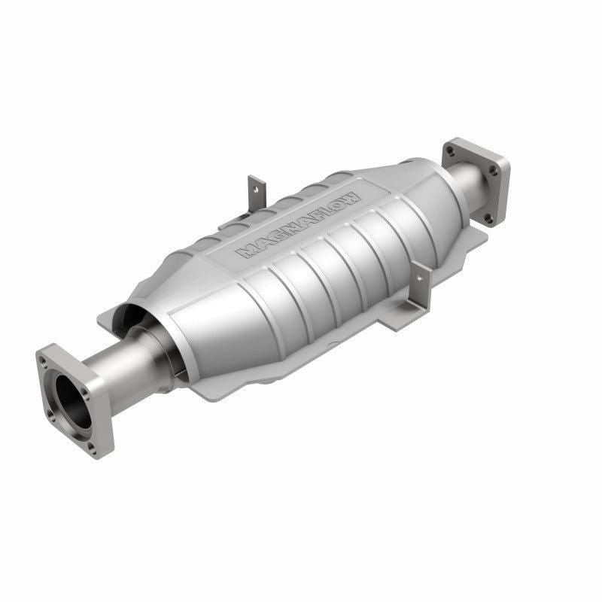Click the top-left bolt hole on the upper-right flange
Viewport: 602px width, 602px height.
pyautogui.click(x=450, y=151)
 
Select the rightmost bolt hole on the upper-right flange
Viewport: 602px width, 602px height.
pyautogui.click(x=494, y=171)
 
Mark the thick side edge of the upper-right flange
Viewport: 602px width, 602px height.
pyautogui.click(x=503, y=188)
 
